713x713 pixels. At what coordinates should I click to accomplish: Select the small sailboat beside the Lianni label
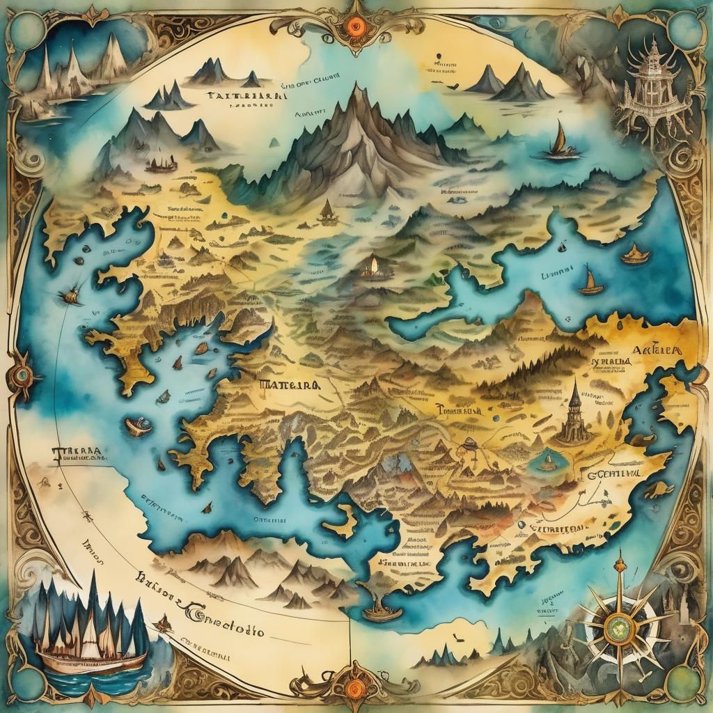[x=590, y=282]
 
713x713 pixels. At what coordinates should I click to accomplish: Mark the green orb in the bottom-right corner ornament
[x=684, y=684]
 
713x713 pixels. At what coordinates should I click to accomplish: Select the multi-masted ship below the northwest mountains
[x=161, y=165]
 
